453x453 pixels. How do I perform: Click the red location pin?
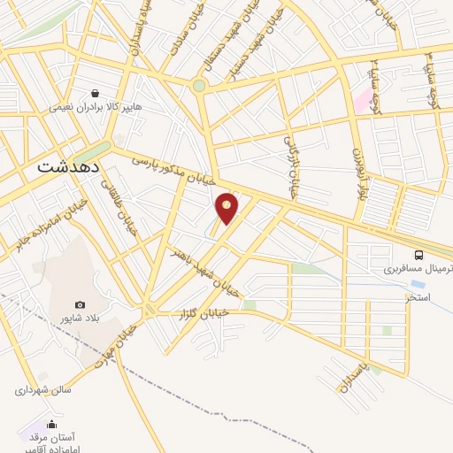(x=227, y=208)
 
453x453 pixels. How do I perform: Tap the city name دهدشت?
(x=68, y=165)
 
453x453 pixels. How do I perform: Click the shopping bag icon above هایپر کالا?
(x=94, y=91)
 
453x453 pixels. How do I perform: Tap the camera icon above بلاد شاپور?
(x=81, y=305)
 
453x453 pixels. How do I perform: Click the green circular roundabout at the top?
(x=199, y=86)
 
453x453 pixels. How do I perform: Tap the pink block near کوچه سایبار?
(x=363, y=99)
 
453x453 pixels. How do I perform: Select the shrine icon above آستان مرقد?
(x=51, y=423)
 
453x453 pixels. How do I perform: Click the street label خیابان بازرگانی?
(x=291, y=165)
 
